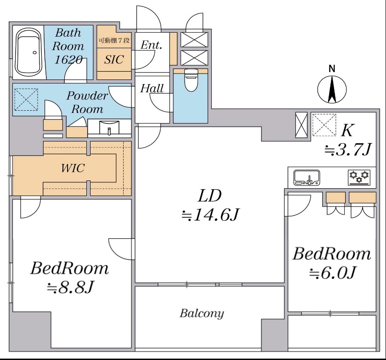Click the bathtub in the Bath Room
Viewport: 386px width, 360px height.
point(28,53)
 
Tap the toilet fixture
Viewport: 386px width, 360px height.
point(191,80)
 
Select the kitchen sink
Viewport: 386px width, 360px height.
point(307,177)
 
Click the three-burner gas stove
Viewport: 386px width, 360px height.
point(360,177)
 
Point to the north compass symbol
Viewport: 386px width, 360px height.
point(332,90)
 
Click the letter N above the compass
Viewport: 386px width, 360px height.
point(332,69)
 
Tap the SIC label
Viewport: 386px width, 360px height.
point(114,60)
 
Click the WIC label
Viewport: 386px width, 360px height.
point(73,169)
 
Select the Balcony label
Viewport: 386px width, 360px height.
point(202,314)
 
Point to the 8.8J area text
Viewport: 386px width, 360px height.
point(70,287)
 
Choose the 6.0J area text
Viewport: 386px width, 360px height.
point(332,273)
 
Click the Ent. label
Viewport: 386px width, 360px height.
point(151,45)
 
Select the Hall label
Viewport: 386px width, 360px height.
point(152,88)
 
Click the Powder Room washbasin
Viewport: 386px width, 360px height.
point(109,127)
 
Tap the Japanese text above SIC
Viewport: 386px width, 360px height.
point(114,40)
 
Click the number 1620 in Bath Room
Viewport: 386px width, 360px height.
point(68,60)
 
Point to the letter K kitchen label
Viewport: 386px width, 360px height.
point(347,130)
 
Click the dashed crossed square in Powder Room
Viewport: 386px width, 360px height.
point(26,99)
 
